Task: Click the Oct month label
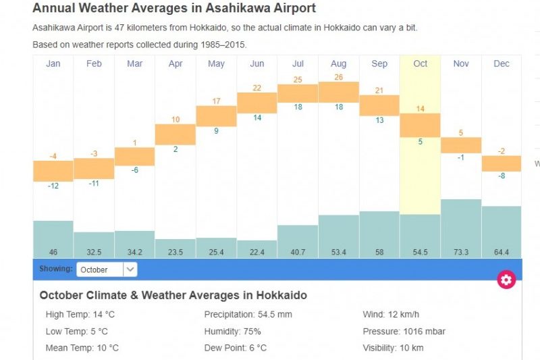[420, 63]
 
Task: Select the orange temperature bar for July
[298, 93]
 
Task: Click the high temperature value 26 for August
[339, 77]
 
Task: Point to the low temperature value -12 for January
[53, 186]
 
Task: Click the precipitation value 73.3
[461, 252]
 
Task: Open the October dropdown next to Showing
[107, 269]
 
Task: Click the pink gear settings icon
[506, 280]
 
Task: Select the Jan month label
[53, 63]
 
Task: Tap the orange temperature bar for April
[175, 134]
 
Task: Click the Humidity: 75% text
[232, 332]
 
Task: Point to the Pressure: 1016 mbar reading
[404, 332]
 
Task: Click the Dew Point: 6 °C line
[235, 348]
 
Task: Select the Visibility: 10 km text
[393, 348]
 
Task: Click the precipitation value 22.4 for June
[257, 252]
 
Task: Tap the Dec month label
[502, 63]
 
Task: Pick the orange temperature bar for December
[502, 163]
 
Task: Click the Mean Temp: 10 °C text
[82, 348]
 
